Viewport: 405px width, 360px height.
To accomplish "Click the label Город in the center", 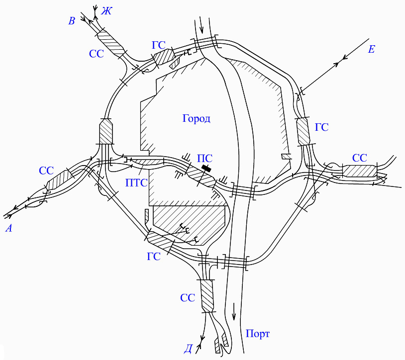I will click(x=196, y=119).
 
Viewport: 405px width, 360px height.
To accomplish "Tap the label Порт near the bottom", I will click(x=257, y=333).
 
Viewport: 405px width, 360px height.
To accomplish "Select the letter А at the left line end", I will click(x=8, y=228).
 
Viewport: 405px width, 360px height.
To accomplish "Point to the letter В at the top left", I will click(x=72, y=20).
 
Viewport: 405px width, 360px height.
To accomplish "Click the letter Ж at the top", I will click(x=106, y=10).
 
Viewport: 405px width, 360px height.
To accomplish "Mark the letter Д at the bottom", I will click(x=188, y=349).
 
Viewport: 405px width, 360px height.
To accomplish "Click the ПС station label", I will click(x=205, y=159).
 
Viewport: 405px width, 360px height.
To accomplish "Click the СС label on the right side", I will click(x=359, y=158).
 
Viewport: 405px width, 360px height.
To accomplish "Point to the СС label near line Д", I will click(x=188, y=298).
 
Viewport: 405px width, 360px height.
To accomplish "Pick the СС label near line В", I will click(x=97, y=54).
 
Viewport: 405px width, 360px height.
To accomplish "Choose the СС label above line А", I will click(x=46, y=171).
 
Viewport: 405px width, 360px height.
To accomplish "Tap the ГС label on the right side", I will click(x=321, y=127).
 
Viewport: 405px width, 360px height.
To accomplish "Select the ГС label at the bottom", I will click(x=153, y=257).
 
